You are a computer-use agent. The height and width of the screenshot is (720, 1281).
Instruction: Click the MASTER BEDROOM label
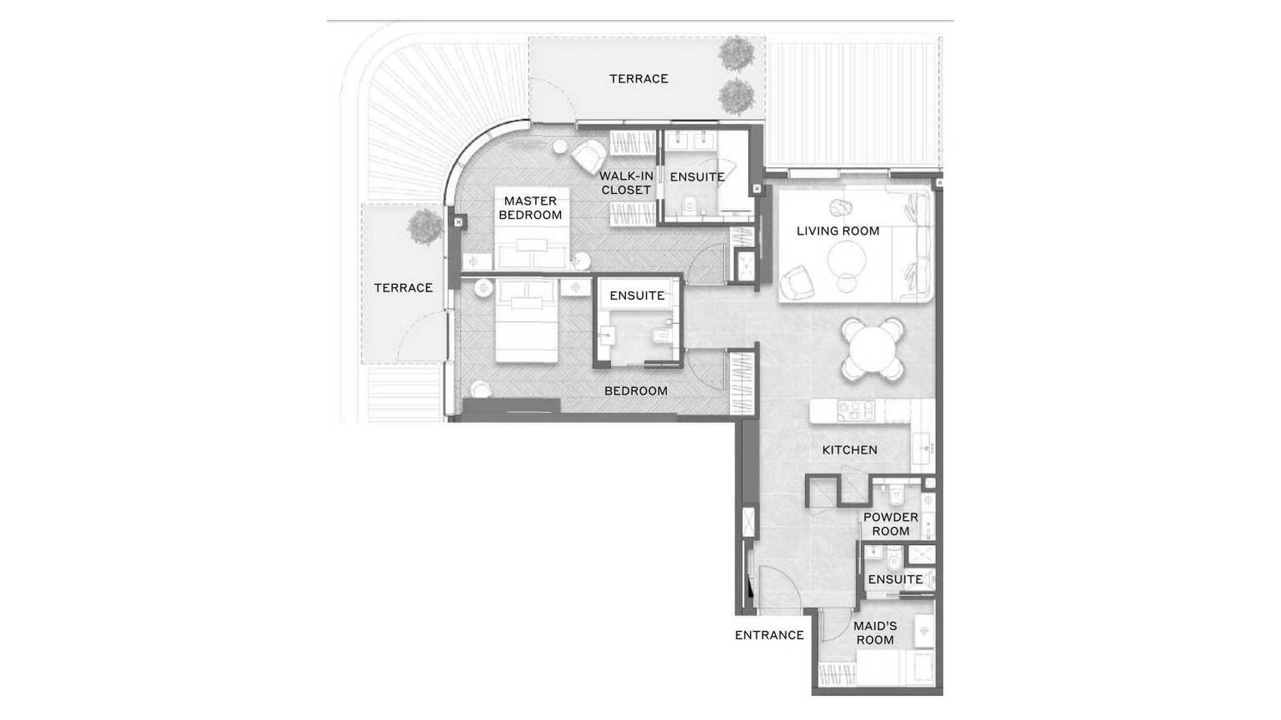click(530, 208)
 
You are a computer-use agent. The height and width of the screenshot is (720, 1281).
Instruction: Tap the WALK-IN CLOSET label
click(626, 183)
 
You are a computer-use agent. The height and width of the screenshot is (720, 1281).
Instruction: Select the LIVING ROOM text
click(838, 231)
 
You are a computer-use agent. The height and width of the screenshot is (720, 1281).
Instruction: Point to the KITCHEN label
click(849, 450)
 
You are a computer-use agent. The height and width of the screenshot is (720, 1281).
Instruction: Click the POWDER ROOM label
click(891, 524)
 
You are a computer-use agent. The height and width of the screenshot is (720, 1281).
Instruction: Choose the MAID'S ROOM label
click(875, 633)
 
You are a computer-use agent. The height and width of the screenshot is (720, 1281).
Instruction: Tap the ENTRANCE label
click(769, 635)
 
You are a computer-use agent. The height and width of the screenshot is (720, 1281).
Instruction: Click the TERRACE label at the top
click(638, 79)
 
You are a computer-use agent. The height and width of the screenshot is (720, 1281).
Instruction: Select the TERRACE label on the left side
click(403, 288)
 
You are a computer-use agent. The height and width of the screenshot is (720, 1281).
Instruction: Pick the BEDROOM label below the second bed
click(636, 391)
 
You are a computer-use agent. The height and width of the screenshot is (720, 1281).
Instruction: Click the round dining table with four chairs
click(872, 349)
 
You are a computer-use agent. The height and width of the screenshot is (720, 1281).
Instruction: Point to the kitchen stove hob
click(856, 410)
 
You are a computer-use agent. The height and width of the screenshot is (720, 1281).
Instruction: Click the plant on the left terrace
click(424, 226)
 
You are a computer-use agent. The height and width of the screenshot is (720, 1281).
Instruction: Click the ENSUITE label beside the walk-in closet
click(697, 177)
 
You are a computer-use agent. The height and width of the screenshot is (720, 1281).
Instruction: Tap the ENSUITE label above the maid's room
click(895, 580)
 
